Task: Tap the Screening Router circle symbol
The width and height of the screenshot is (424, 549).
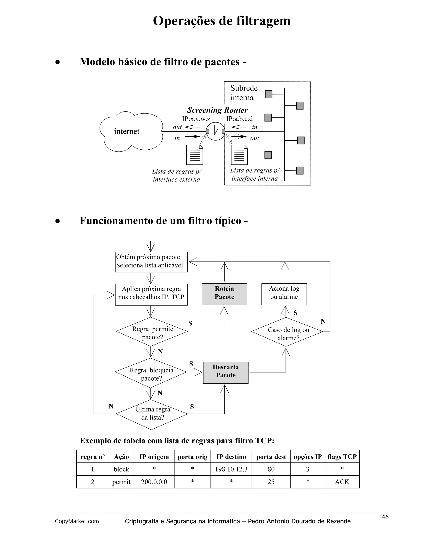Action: click(216, 131)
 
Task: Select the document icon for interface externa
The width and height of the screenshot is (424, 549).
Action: click(194, 155)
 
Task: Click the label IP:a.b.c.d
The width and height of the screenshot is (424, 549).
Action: click(239, 119)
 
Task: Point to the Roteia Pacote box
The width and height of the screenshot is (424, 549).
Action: click(224, 294)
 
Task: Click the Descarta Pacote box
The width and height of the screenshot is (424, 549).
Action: click(226, 372)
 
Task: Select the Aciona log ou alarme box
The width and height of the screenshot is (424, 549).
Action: click(284, 294)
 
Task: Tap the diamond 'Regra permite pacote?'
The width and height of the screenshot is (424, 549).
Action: click(152, 332)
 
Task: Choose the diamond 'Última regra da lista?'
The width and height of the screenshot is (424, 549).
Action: click(152, 414)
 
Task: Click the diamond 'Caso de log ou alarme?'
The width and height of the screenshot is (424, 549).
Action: click(287, 332)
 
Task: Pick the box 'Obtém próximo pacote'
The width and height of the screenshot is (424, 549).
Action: click(151, 262)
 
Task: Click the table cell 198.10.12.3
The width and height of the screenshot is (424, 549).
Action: click(231, 469)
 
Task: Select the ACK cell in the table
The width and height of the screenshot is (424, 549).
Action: click(342, 482)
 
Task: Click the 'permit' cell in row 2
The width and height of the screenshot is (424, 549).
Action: click(121, 482)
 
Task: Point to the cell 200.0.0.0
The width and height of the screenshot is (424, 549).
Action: click(154, 482)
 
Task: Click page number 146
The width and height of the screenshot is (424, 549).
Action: click(383, 517)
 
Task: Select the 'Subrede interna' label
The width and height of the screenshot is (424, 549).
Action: click(244, 93)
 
